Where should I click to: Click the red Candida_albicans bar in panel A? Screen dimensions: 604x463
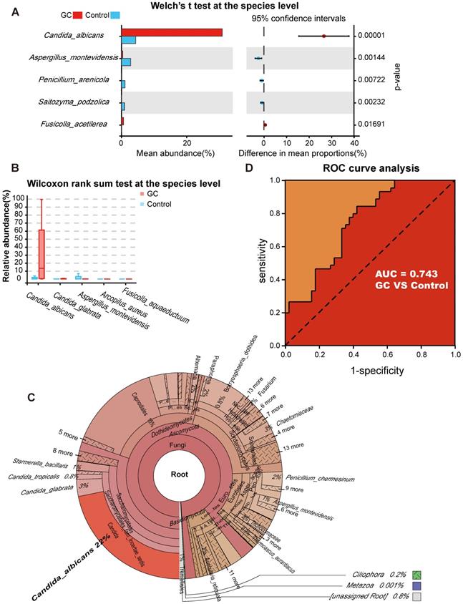(172, 32)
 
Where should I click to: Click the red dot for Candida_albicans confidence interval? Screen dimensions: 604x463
(323, 36)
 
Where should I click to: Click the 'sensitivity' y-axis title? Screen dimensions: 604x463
(263, 263)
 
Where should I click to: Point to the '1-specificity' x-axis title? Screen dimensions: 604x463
(369, 371)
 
